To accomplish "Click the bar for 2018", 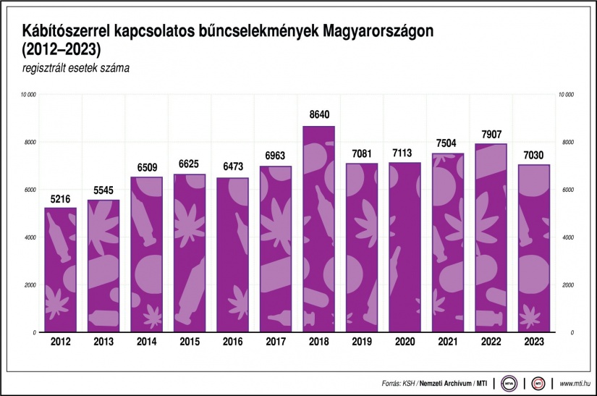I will pyautogui.click(x=318, y=229).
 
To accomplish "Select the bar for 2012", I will pyautogui.click(x=60, y=269).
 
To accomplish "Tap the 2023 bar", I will pyautogui.click(x=533, y=248).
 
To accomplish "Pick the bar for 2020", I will pyautogui.click(x=405, y=247).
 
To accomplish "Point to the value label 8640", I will pyautogui.click(x=318, y=115).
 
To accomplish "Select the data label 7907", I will pyautogui.click(x=491, y=133).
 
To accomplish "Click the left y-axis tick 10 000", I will pyautogui.click(x=29, y=95).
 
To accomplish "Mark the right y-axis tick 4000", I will pyautogui.click(x=568, y=237).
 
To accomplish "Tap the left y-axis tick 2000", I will pyautogui.click(x=30, y=285).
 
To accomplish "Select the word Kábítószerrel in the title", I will pyautogui.click(x=67, y=32).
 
